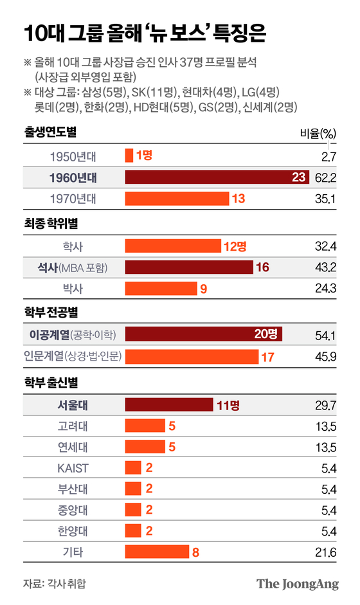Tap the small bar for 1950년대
129,155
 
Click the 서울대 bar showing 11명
168,404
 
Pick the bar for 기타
157,552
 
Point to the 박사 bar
161,289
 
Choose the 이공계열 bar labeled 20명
204,334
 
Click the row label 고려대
73,426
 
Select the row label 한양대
73,530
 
